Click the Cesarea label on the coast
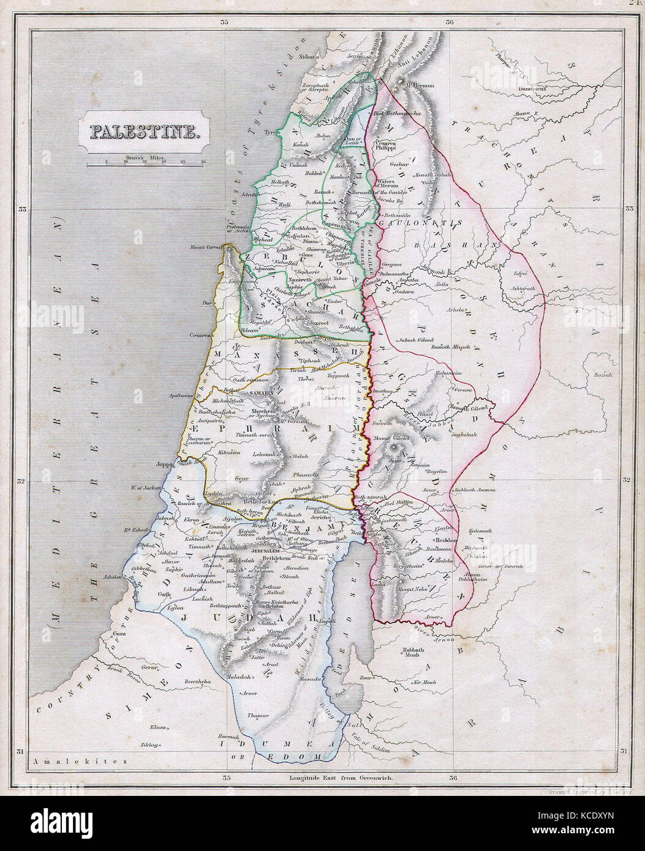coord(200,336)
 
